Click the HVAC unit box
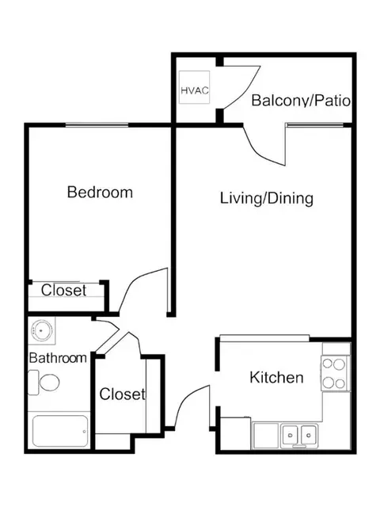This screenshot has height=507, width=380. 195,87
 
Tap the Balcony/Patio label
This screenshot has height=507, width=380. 301,101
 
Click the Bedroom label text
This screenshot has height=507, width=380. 100,192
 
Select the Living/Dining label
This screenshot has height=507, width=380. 267,199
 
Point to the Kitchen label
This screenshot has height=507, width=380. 276,377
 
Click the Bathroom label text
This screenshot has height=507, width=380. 58,358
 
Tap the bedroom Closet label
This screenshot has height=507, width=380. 63,290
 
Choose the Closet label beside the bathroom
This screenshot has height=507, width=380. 122,395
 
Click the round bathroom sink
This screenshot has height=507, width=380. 41,330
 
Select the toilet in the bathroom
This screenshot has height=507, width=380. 44,383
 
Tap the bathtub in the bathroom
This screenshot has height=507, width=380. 60,431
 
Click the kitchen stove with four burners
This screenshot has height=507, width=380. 336,374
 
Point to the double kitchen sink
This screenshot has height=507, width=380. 299,436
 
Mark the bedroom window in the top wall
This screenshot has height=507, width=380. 97,124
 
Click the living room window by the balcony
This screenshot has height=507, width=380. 315,124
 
